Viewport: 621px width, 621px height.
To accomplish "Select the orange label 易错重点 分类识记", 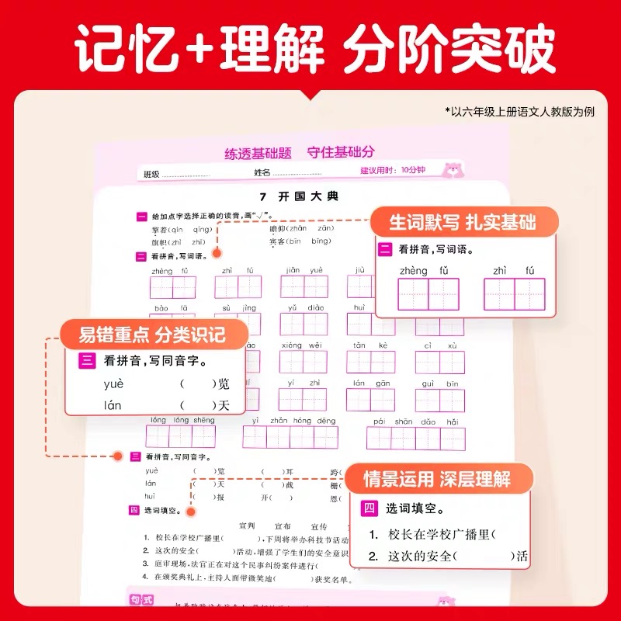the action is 153,336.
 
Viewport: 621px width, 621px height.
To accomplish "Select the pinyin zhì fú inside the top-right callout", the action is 513,271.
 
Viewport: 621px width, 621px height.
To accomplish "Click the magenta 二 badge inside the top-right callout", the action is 385,249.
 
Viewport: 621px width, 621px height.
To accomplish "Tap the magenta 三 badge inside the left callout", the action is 86,361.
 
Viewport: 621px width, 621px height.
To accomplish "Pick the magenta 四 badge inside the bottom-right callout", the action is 369,509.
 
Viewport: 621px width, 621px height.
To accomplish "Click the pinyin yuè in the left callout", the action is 113,384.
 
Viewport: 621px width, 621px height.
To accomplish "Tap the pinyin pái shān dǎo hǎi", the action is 415,420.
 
